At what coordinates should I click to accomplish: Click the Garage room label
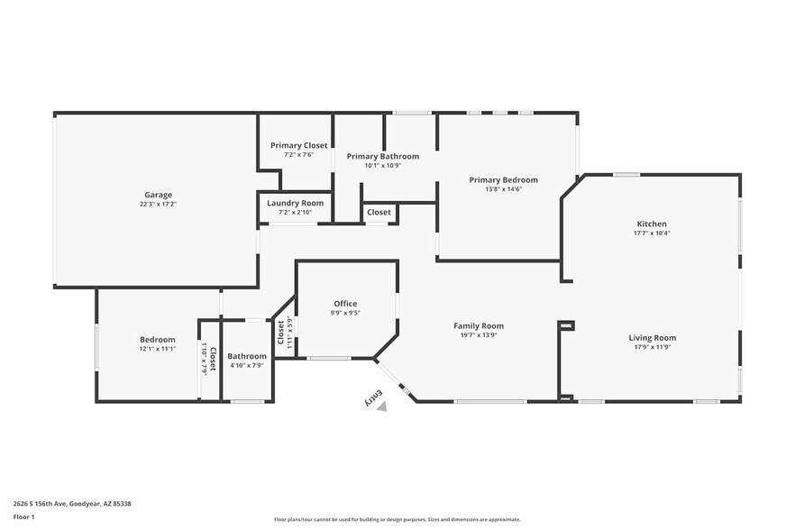[158, 195]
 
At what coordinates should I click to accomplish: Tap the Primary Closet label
[299, 145]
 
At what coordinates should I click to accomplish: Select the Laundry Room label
[295, 204]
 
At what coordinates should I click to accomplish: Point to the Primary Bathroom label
[382, 156]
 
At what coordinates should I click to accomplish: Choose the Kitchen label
[652, 224]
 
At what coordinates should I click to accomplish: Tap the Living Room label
[652, 337]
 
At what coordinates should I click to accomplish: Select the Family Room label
[478, 325]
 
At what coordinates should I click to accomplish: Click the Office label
[345, 304]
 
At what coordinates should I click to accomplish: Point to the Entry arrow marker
[382, 407]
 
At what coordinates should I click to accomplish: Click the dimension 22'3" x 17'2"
[158, 205]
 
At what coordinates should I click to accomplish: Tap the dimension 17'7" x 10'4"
[652, 233]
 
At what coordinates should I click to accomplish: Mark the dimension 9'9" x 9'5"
[345, 313]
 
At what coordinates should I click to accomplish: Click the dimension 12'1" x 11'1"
[157, 348]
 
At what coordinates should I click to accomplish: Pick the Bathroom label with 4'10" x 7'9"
[247, 356]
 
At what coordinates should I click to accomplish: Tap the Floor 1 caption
[23, 516]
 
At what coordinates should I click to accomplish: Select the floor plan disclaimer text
[397, 519]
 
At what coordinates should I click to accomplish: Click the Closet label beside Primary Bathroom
[379, 212]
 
